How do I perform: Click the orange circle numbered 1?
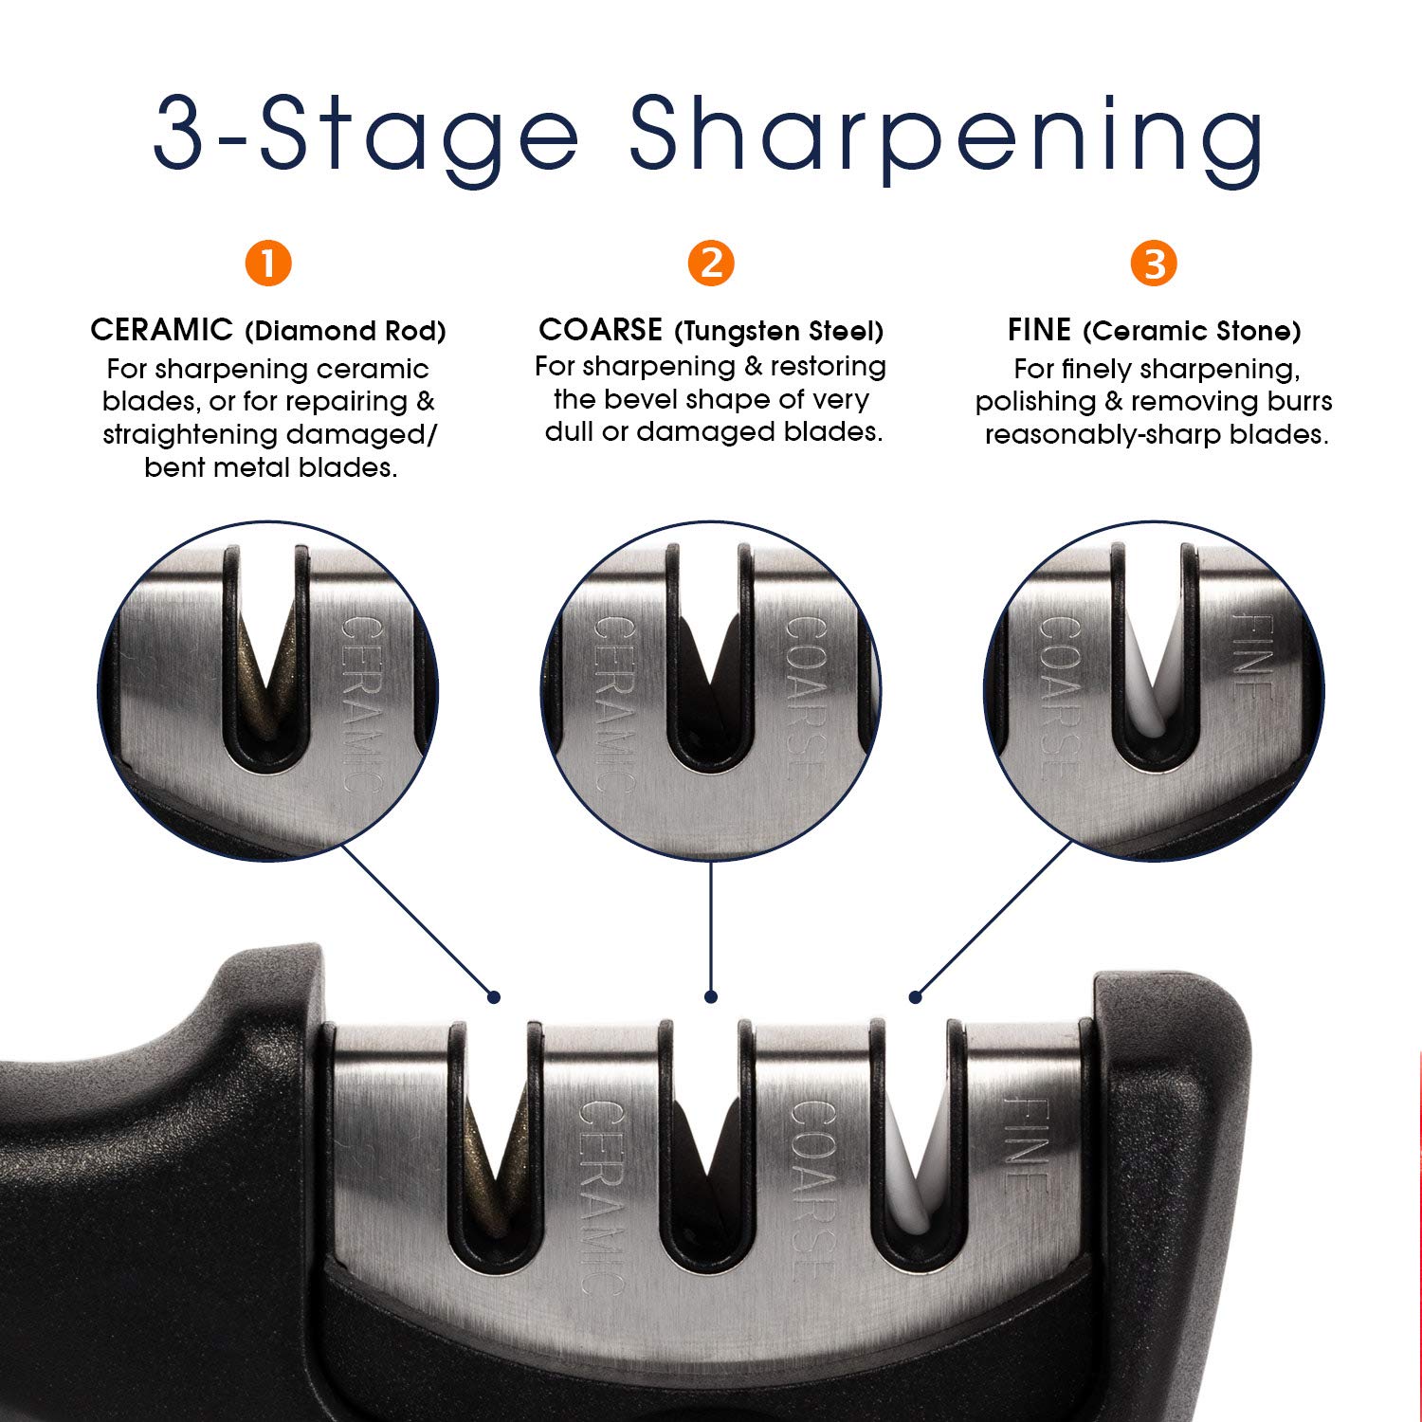tap(268, 263)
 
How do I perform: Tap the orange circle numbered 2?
tap(711, 263)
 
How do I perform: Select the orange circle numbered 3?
tap(1154, 263)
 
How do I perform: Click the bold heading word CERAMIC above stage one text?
tap(162, 330)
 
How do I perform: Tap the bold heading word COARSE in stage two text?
tap(601, 330)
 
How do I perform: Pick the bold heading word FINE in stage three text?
tap(1039, 330)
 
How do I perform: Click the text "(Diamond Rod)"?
tap(345, 331)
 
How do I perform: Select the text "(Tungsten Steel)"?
tap(779, 331)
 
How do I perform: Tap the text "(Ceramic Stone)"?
tap(1193, 331)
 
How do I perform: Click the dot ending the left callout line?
tap(494, 996)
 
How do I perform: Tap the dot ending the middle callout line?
tap(711, 996)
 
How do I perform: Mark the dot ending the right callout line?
tap(915, 996)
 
